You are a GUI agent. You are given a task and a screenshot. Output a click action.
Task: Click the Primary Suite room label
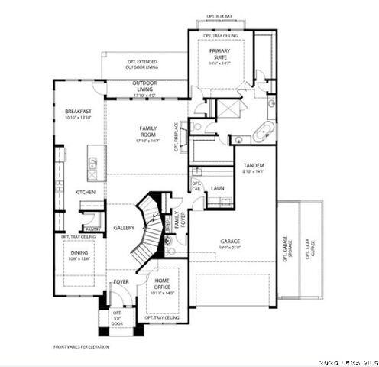[x=219, y=56]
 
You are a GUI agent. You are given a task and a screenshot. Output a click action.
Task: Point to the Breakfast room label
[x=79, y=114]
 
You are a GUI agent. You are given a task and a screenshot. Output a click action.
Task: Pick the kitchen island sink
[x=92, y=163]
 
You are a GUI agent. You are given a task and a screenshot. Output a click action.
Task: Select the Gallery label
[x=124, y=228]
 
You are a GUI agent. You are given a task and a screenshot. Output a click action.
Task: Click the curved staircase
[x=147, y=226]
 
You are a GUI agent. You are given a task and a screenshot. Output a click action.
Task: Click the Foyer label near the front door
[x=121, y=282]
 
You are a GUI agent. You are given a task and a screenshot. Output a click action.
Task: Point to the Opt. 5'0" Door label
[x=117, y=318]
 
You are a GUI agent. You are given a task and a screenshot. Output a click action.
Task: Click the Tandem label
[x=254, y=167]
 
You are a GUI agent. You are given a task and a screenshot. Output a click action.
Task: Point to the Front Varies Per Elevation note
[x=81, y=346]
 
